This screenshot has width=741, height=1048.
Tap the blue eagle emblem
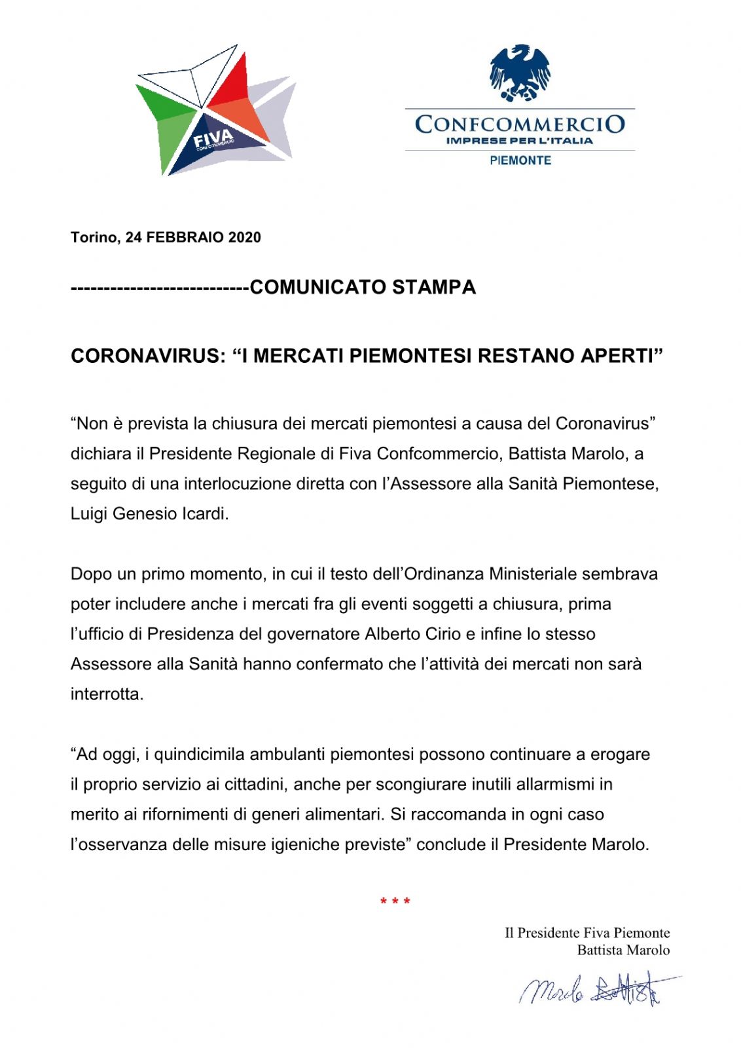pos(520,72)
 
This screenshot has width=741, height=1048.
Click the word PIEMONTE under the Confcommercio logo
pos(520,160)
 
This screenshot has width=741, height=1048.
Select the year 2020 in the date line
pos(244,237)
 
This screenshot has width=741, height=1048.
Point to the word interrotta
pos(107,694)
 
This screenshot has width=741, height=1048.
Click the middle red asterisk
pos(395,902)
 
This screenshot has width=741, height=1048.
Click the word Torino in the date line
pos(94,237)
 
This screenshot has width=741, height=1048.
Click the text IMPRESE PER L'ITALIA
pos(519,140)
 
